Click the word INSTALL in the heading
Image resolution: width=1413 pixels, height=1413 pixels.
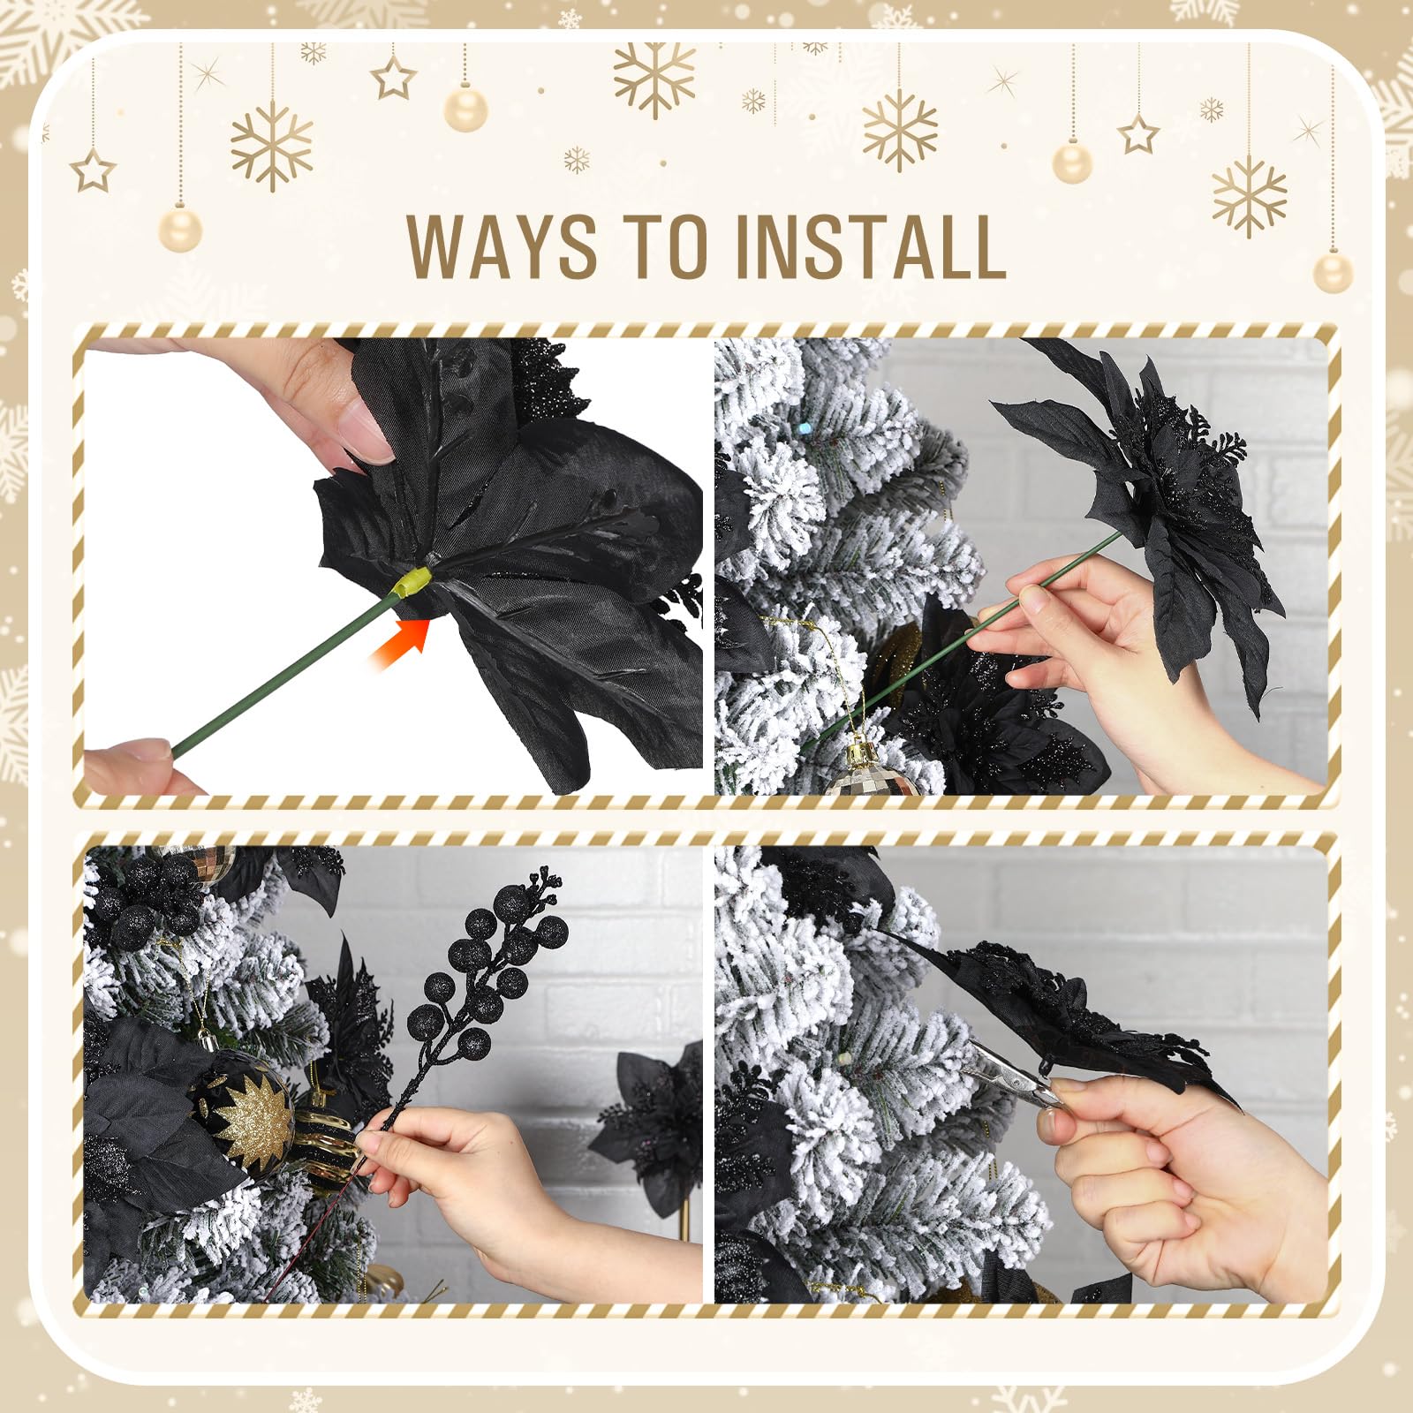click(871, 245)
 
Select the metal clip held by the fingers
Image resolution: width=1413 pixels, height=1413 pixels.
click(1016, 1074)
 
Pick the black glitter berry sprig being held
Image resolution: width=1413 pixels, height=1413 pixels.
click(468, 989)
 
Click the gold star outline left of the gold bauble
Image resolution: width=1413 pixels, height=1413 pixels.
click(393, 77)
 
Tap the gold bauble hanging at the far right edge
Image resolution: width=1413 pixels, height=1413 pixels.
click(1333, 272)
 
